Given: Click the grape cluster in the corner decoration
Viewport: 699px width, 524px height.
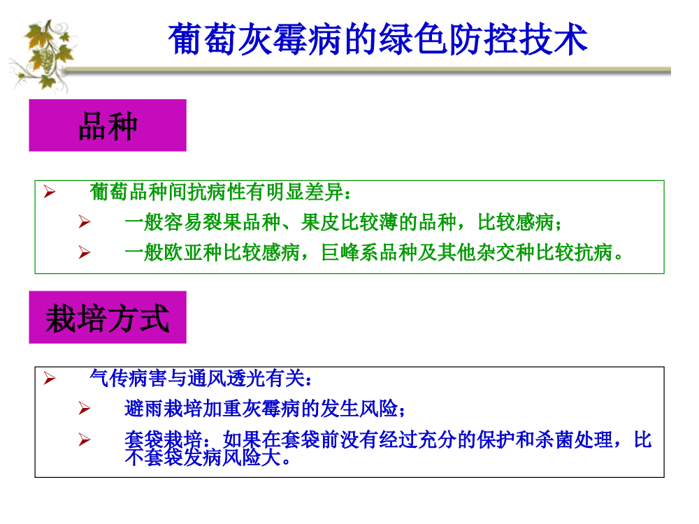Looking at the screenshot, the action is point(46,61).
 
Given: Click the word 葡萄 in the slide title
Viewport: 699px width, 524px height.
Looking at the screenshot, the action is point(203,39).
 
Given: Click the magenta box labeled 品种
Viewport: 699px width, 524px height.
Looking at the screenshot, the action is point(108,125).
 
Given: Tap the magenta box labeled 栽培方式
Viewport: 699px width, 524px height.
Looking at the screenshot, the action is point(108,317).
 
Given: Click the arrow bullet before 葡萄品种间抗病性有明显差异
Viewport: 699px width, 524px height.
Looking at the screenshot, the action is point(50,192).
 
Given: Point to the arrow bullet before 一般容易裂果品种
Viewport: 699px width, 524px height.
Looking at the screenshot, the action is point(85,222).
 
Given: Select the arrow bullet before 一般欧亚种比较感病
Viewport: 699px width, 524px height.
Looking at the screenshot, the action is point(85,253).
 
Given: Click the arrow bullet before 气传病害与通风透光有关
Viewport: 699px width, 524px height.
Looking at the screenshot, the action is point(50,378).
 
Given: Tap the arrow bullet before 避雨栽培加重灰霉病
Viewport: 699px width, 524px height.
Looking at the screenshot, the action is point(85,408).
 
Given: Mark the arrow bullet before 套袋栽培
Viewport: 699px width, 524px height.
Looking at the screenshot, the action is point(85,439).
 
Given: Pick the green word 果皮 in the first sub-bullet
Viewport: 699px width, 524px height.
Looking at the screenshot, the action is point(321,222).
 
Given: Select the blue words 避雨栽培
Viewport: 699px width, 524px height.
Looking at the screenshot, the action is point(163,408).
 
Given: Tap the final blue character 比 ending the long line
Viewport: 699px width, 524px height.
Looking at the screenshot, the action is point(643,439).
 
